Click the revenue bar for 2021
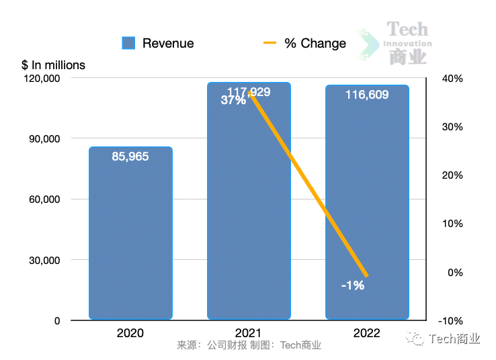click(249, 215)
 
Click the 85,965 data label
click(130, 156)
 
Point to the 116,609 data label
click(367, 95)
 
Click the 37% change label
click(233, 101)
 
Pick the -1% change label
click(352, 285)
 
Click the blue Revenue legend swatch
click(128, 43)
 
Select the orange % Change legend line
click(270, 43)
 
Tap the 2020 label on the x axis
click(130, 333)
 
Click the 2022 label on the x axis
click(367, 333)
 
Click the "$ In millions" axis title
click(54, 65)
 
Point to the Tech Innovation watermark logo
click(397, 43)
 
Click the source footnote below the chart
click(249, 346)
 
